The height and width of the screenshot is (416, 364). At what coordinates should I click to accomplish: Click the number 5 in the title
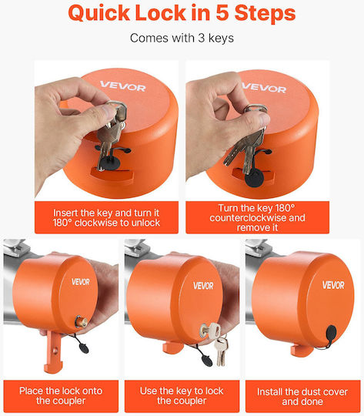pyautogui.click(x=222, y=13)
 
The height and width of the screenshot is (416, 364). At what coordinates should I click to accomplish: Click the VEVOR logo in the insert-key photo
pyautogui.click(x=123, y=86)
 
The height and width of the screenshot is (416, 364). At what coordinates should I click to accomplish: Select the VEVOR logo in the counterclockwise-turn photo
pyautogui.click(x=264, y=88)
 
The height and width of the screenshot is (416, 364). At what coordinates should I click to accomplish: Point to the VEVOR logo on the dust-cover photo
pyautogui.click(x=333, y=285)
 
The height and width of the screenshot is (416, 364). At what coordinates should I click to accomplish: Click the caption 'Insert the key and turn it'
pyautogui.click(x=106, y=213)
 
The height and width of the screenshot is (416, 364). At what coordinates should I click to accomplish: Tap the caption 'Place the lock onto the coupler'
pyautogui.click(x=61, y=395)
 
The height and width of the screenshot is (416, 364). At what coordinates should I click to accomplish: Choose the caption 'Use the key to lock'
pyautogui.click(x=182, y=391)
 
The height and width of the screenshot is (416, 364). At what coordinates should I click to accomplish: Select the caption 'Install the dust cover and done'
pyautogui.click(x=302, y=397)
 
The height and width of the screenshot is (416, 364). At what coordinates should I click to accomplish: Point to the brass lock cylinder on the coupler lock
pyautogui.click(x=79, y=321)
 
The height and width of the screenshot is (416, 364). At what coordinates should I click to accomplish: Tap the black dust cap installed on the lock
pyautogui.click(x=331, y=332)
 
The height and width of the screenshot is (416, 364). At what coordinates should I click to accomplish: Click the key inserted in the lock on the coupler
pyautogui.click(x=211, y=330)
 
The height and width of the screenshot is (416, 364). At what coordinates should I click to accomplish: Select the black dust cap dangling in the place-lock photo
pyautogui.click(x=84, y=347)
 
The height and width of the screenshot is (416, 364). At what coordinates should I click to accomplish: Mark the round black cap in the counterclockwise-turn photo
pyautogui.click(x=254, y=178)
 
